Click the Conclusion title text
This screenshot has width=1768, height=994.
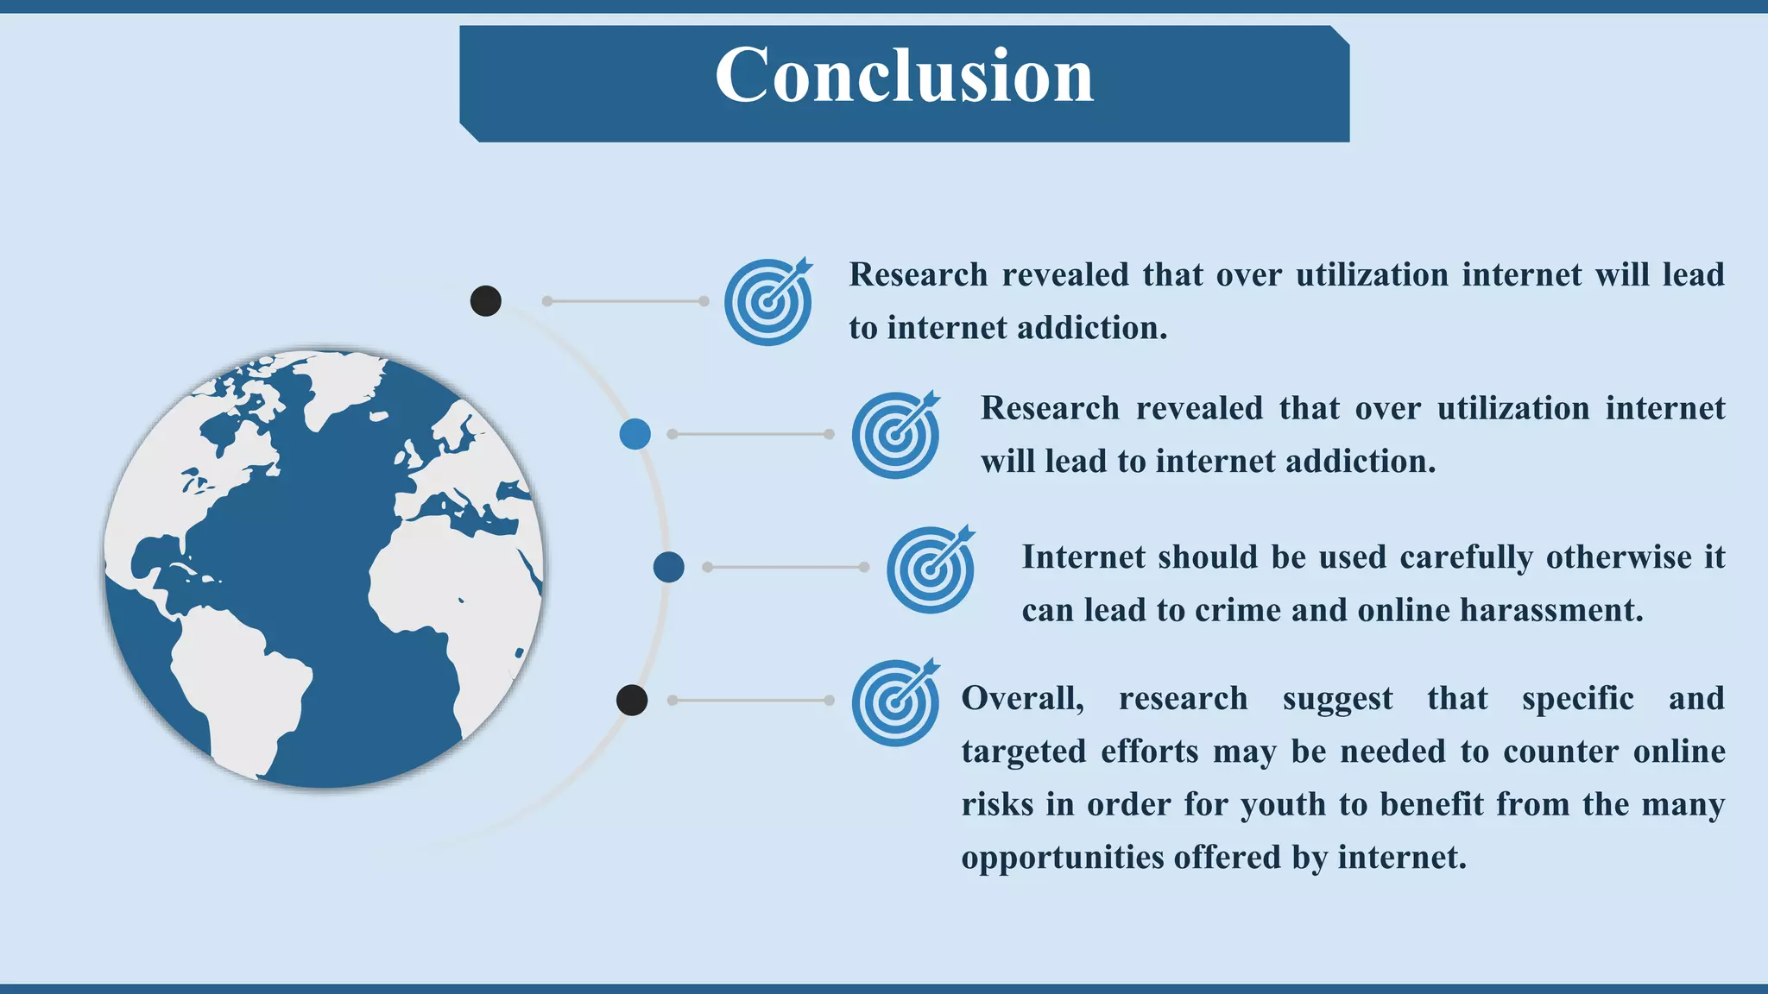coord(904,76)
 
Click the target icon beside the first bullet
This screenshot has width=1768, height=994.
coord(767,302)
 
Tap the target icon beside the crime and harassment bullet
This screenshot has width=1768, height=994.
coord(930,569)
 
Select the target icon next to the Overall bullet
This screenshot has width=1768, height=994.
coord(895,702)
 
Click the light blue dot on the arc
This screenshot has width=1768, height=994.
coord(635,434)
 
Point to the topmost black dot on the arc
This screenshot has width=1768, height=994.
coord(486,301)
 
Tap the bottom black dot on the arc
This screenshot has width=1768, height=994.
coord(632,700)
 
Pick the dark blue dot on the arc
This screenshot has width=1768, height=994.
coord(669,568)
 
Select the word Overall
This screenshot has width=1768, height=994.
coord(1022,698)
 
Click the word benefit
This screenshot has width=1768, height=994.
coord(1430,805)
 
